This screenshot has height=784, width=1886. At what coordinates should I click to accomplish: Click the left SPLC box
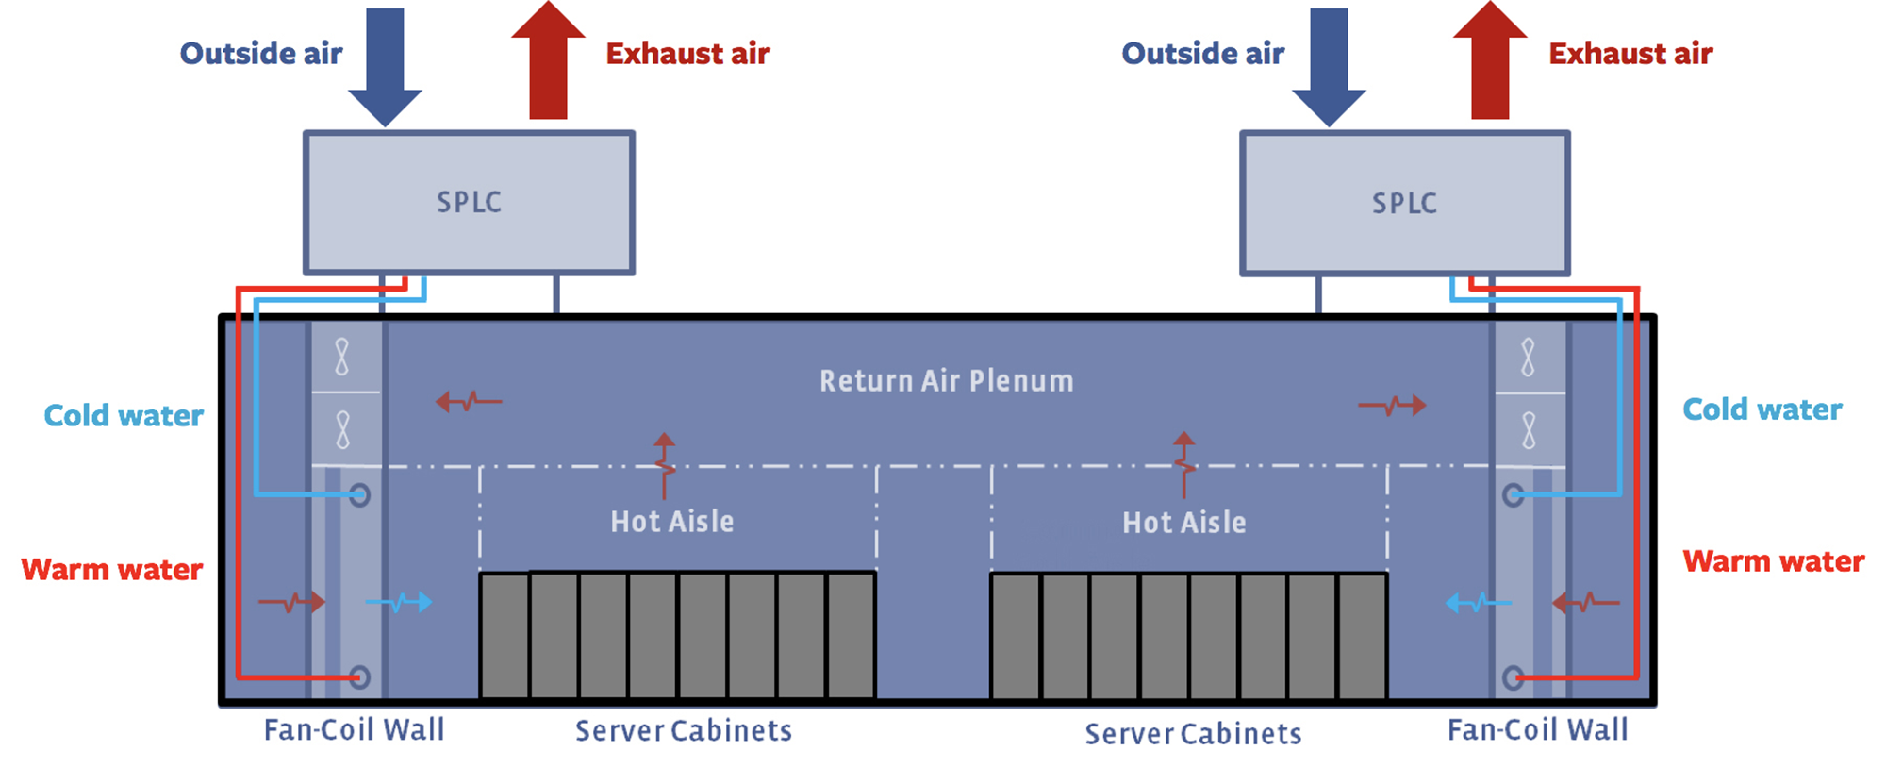[469, 203]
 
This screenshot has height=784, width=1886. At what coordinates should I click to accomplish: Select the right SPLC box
[1404, 203]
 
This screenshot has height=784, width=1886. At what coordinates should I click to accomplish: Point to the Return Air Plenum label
[946, 381]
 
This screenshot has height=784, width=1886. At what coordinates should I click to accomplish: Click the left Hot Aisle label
[671, 522]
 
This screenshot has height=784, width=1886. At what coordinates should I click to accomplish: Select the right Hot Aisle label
[1183, 523]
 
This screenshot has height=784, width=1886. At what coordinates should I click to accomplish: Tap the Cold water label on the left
[124, 416]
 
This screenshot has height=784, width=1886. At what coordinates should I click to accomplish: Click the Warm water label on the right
[1773, 562]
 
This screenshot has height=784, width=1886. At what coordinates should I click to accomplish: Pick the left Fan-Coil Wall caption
[354, 730]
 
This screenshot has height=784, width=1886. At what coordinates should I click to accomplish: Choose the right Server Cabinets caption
[1192, 734]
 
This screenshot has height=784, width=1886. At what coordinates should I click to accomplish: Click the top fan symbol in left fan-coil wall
[342, 358]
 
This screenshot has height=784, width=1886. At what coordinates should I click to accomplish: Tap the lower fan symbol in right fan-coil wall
[1529, 430]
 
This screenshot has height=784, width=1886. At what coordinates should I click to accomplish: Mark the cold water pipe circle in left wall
[359, 495]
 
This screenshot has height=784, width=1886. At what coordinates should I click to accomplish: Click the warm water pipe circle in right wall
[1513, 677]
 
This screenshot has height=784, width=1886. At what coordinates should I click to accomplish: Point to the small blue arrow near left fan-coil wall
[400, 602]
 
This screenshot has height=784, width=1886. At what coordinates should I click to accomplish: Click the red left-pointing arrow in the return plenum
[468, 402]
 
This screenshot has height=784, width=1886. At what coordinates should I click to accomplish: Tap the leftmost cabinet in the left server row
[505, 636]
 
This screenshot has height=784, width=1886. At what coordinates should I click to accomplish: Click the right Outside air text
[1202, 54]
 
